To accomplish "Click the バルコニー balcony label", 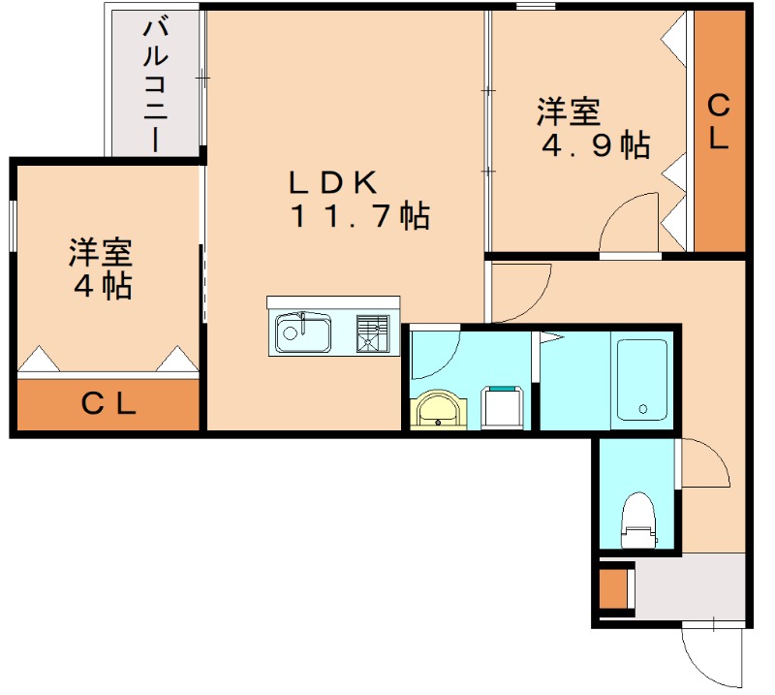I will click(156, 84).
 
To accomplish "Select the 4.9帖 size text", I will click(596, 145).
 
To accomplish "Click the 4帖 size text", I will click(102, 286).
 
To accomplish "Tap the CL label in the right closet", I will click(718, 121).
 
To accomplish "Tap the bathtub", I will click(642, 380).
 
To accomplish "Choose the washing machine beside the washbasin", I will click(504, 407).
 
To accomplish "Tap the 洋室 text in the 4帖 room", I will click(100, 253).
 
